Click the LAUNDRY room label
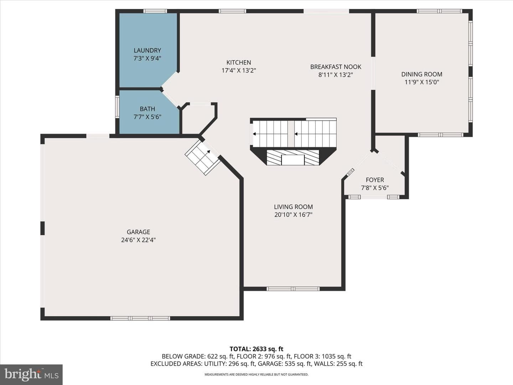click(x=147, y=50)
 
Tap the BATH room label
click(x=147, y=109)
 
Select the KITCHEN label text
click(x=239, y=62)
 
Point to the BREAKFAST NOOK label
click(x=336, y=67)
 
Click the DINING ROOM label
click(x=421, y=75)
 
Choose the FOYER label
click(x=375, y=180)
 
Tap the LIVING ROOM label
click(x=293, y=207)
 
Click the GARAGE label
click(x=138, y=232)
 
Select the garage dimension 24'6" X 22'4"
click(x=138, y=240)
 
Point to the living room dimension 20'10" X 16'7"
click(x=293, y=215)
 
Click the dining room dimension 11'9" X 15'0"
click(x=422, y=82)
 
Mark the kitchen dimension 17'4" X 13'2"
click(x=239, y=70)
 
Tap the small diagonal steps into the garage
click(x=203, y=157)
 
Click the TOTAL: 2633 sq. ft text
click(x=256, y=349)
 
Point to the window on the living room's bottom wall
click(x=293, y=289)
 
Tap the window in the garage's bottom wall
click(x=140, y=318)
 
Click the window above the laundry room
click(x=155, y=11)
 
